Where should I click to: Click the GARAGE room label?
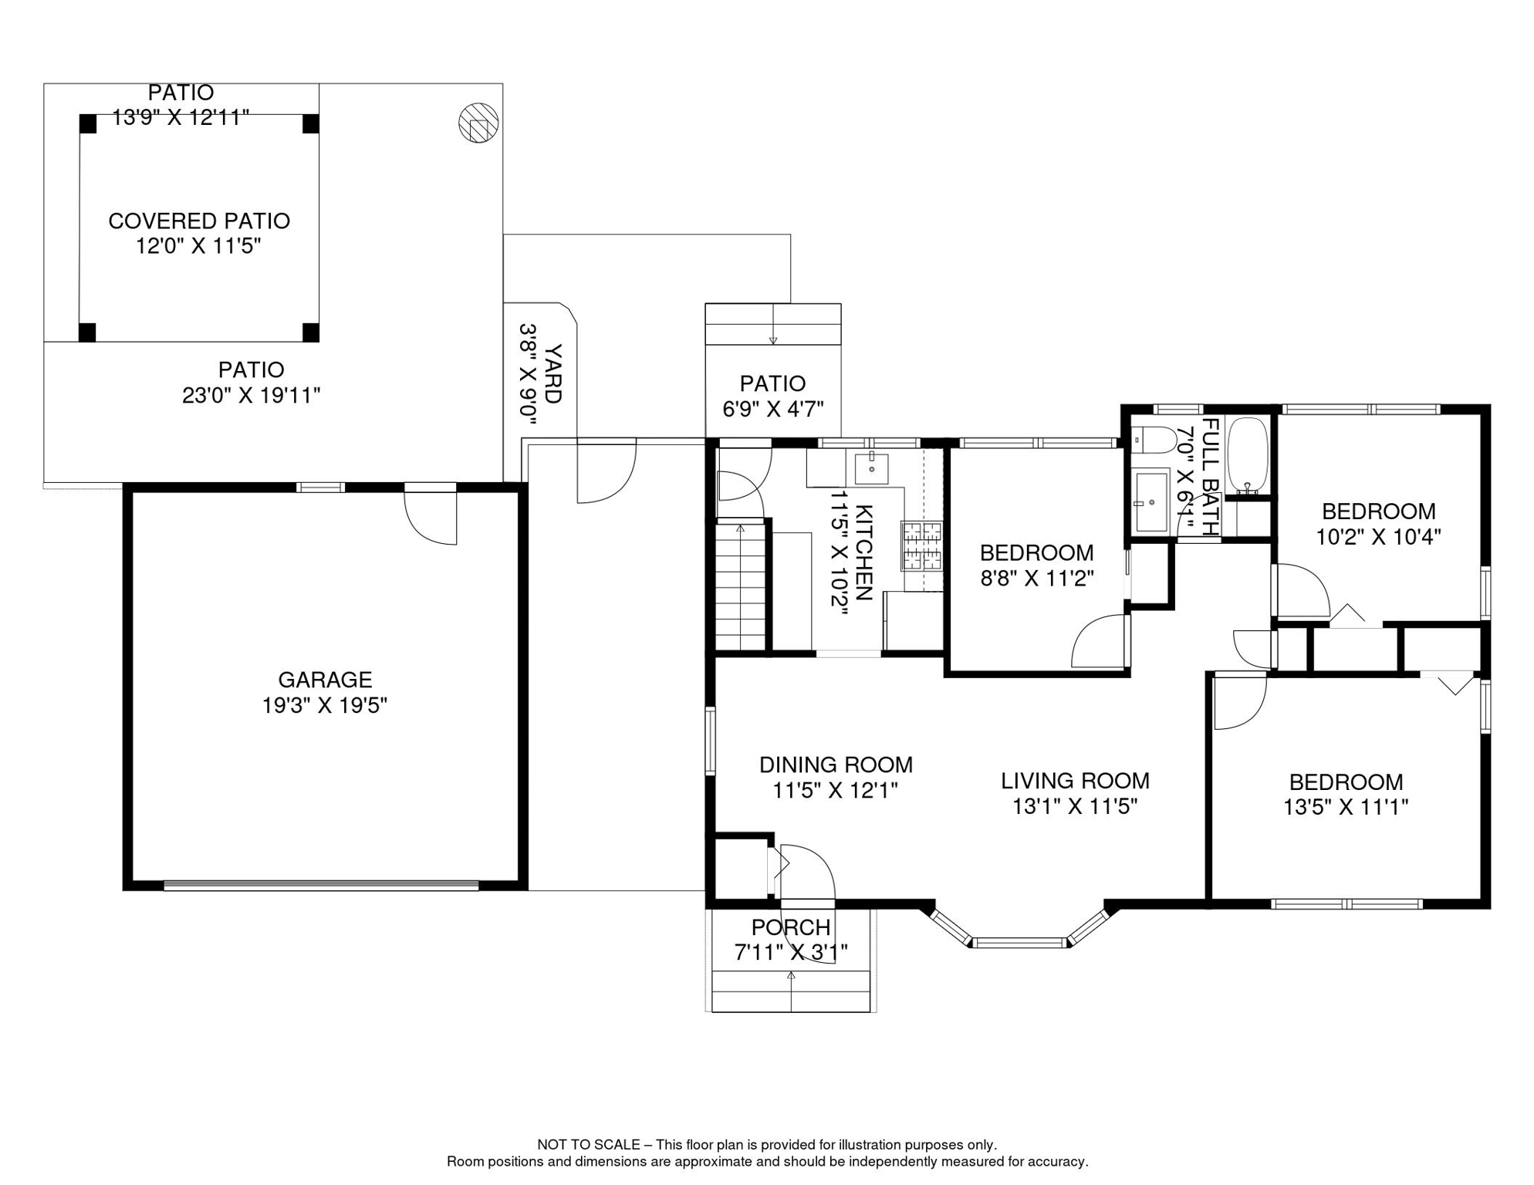point(325,680)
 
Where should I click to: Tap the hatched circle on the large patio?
point(478,123)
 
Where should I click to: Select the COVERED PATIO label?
point(199,221)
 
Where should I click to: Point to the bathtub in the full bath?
point(1247,455)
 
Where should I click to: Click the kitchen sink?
point(871,468)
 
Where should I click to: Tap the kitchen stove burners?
point(922,546)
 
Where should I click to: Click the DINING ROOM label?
point(836,765)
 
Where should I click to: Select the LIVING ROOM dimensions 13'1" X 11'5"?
point(1075,806)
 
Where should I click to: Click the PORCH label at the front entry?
point(791,927)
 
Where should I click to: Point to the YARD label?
point(553,374)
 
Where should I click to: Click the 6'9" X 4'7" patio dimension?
point(773,409)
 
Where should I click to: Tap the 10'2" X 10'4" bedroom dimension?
point(1378,537)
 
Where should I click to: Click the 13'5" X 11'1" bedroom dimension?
point(1346,807)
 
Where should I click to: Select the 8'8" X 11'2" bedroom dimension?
point(1037,578)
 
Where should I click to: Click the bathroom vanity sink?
point(1151,502)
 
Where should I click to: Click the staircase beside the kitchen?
point(740,586)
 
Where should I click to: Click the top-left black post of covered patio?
point(88,123)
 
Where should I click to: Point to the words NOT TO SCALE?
point(588,1145)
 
